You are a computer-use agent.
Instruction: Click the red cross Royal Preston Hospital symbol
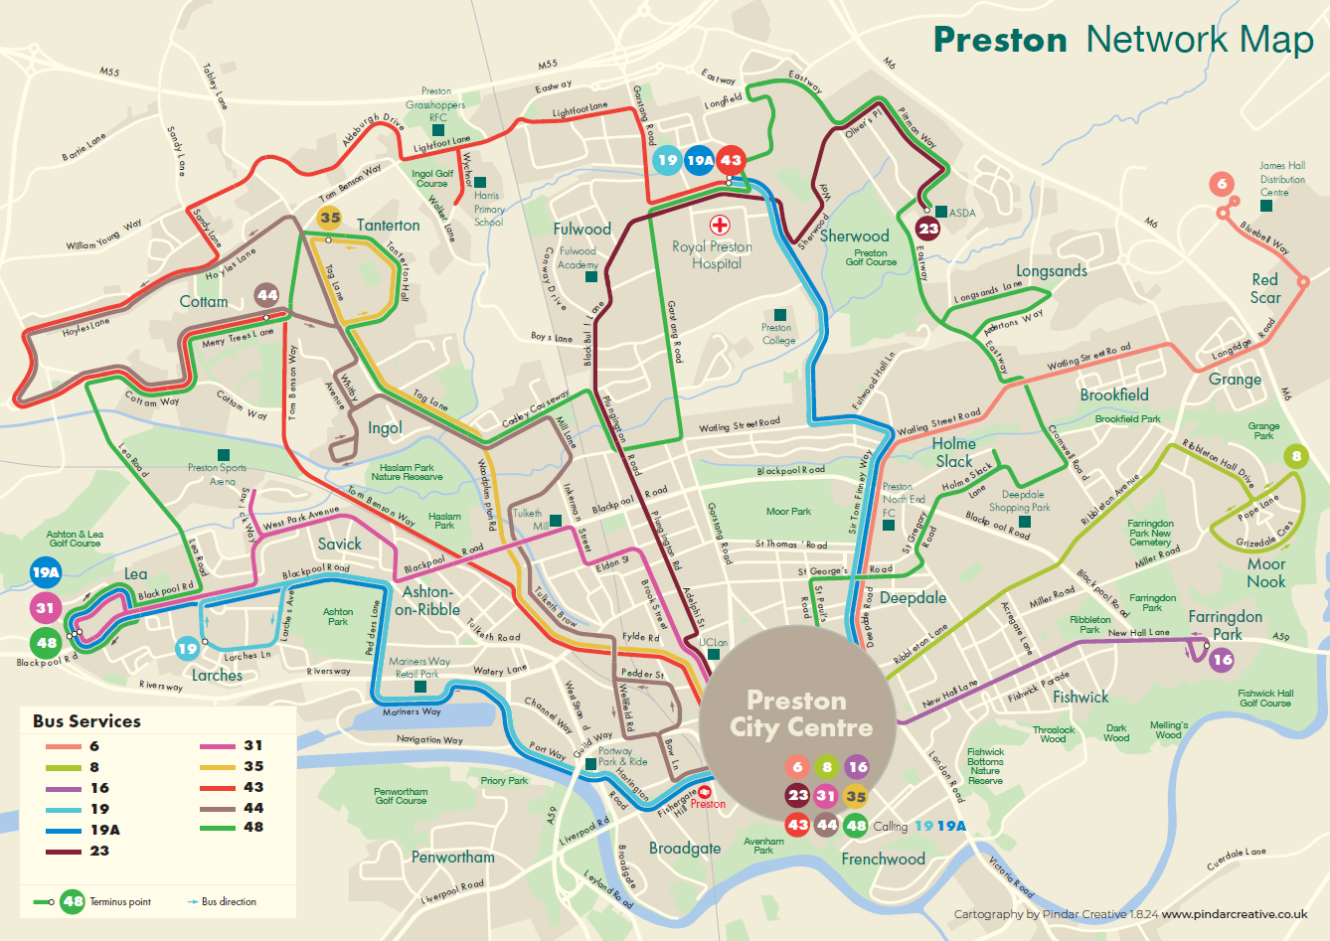(719, 226)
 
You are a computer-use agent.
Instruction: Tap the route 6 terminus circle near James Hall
(1222, 184)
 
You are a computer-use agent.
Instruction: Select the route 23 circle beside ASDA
(927, 229)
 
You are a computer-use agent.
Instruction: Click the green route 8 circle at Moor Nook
(1295, 457)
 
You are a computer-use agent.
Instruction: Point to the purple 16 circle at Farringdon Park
(1222, 659)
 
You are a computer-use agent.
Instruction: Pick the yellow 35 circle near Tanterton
(330, 218)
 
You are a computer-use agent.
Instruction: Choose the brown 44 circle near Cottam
(267, 295)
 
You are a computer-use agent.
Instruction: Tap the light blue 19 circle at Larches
(187, 649)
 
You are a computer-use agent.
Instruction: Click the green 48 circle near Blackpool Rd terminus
(46, 643)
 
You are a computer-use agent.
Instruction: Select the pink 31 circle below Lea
(46, 608)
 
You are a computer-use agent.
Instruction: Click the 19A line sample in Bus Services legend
(63, 830)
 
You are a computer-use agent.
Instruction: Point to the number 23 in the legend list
(99, 851)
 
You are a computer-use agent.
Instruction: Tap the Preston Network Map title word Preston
(999, 40)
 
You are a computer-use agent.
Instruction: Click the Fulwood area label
(582, 229)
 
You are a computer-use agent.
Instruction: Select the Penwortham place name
(452, 857)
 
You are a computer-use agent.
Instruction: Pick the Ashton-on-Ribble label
(426, 600)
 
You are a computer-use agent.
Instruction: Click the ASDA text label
(962, 213)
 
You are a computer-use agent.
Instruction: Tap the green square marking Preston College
(779, 315)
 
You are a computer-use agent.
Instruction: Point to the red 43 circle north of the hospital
(731, 160)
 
